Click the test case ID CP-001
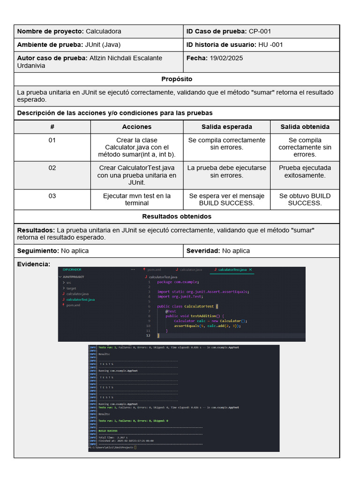[260, 31]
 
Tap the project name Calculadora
[103, 31]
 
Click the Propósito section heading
[177, 79]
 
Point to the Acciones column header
[136, 127]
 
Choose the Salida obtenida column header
[305, 127]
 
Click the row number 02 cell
[52, 168]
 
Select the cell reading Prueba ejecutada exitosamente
[305, 172]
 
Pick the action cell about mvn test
[136, 199]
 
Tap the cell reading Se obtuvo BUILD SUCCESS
[305, 199]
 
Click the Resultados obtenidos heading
[177, 217]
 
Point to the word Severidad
[203, 251]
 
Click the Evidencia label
[33, 264]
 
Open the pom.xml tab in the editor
[154, 270]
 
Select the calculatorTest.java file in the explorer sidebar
[81, 299]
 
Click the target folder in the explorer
[71, 288]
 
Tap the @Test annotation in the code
[171, 311]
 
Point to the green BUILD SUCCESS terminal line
[108, 431]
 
